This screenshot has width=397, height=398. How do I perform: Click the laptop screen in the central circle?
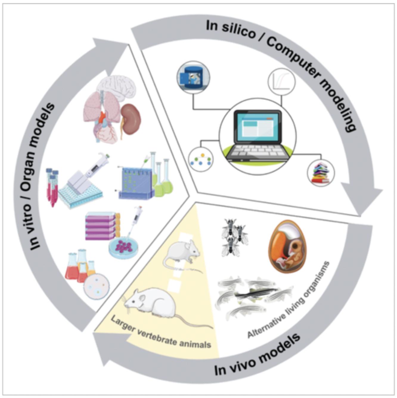click(x=258, y=127)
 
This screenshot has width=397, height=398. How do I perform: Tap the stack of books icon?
click(x=321, y=173)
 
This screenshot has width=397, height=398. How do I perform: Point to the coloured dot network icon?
click(x=201, y=160)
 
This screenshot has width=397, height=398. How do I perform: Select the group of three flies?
click(x=234, y=237)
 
